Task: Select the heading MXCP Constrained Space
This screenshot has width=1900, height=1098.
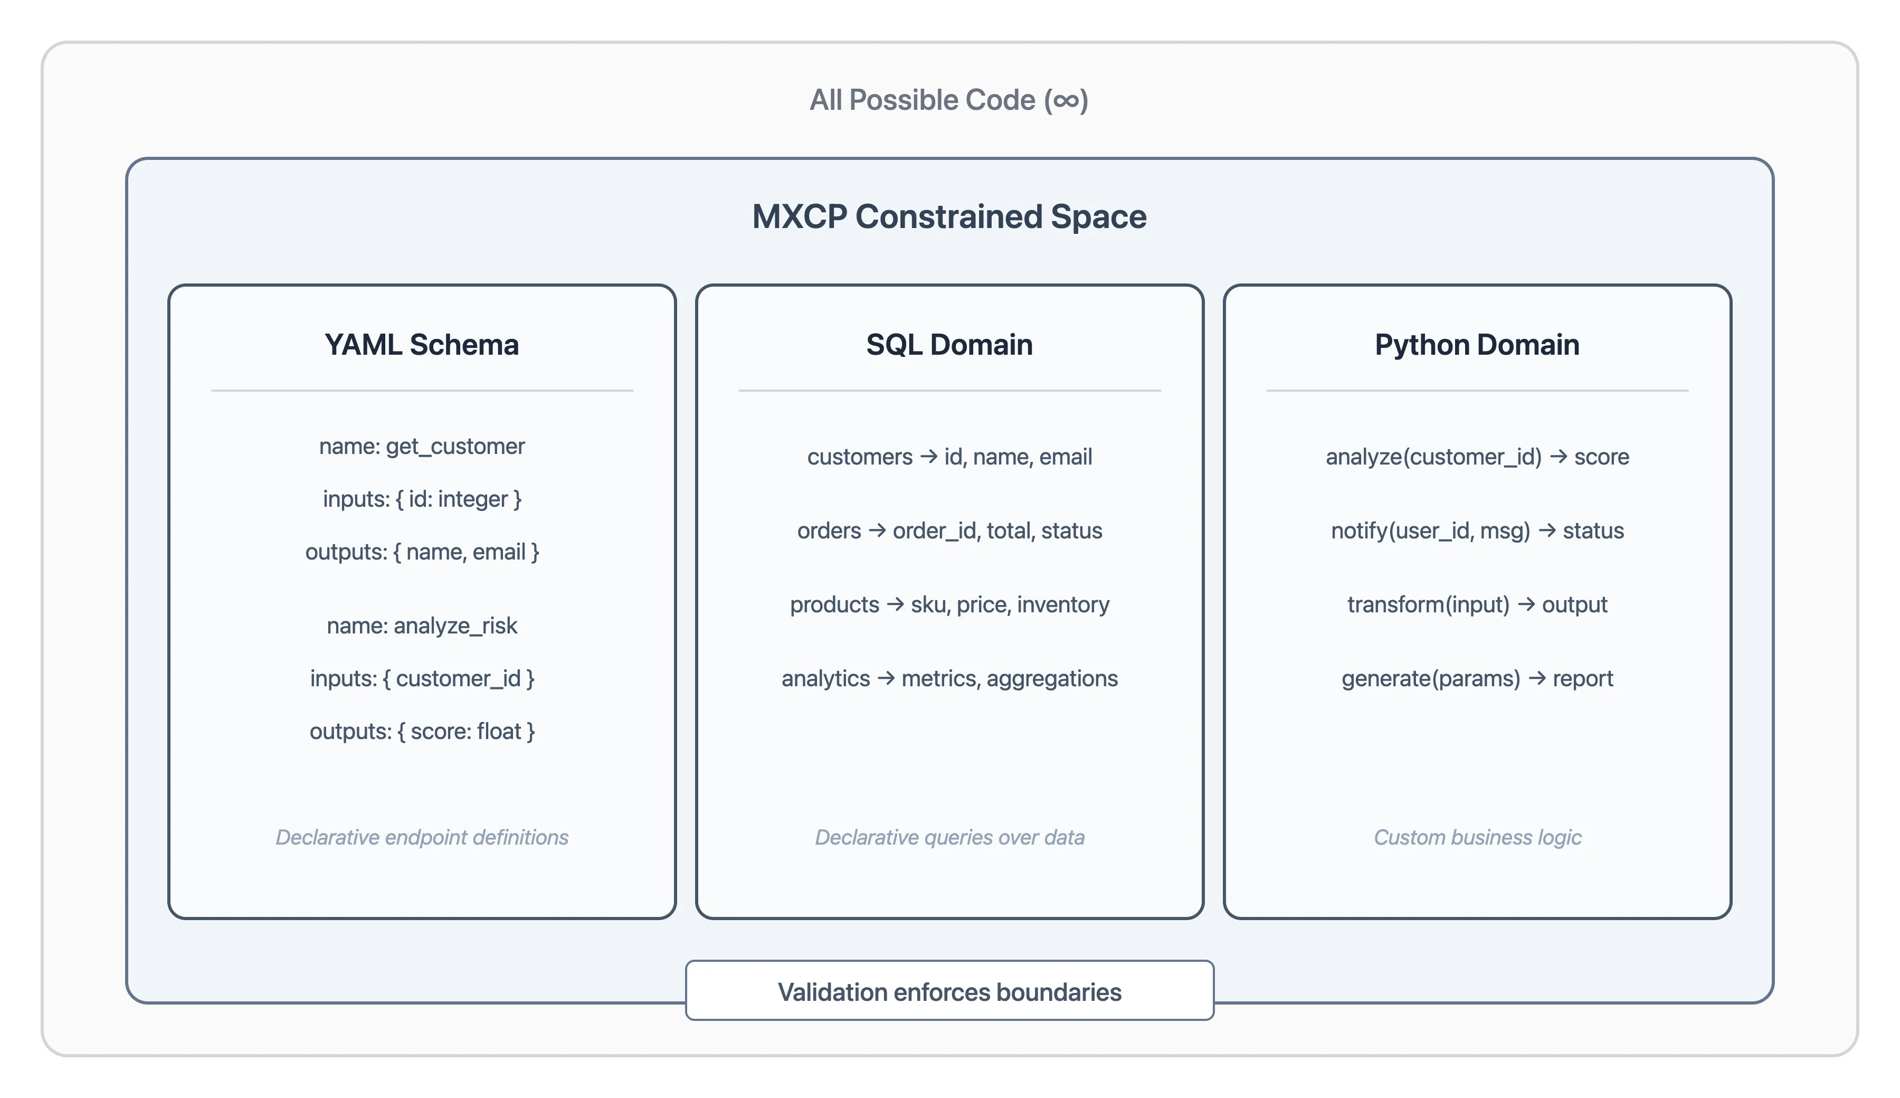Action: click(x=949, y=216)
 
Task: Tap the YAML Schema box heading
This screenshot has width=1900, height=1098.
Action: click(x=422, y=345)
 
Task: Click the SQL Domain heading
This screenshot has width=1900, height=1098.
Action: click(x=949, y=345)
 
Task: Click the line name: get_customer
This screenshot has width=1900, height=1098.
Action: click(x=422, y=447)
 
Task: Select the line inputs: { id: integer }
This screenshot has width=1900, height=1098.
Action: click(x=422, y=499)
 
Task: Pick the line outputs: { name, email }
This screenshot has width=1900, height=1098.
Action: click(x=422, y=552)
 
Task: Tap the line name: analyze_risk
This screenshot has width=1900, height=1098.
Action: click(x=422, y=626)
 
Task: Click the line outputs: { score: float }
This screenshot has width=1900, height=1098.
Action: click(x=422, y=732)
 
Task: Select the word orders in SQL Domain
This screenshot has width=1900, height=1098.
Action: click(x=829, y=531)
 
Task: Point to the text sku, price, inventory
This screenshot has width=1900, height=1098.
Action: click(x=1010, y=605)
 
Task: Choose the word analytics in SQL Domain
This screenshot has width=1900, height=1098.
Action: click(x=825, y=679)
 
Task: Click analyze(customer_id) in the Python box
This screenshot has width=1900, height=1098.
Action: click(x=1433, y=457)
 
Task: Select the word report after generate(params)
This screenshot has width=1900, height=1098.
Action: click(x=1583, y=679)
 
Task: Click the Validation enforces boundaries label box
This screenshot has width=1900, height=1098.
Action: click(x=949, y=992)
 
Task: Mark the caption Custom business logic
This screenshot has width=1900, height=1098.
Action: click(x=1477, y=837)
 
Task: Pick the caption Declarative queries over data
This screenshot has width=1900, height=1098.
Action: click(x=949, y=837)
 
